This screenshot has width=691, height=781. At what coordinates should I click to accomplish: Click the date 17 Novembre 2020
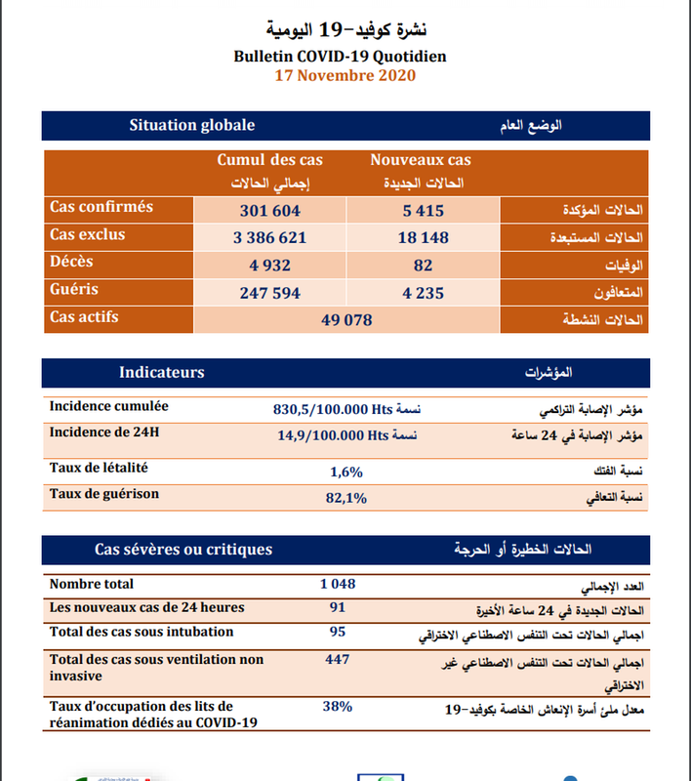pyautogui.click(x=345, y=75)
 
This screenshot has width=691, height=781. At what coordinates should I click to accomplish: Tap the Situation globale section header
pyautogui.click(x=192, y=125)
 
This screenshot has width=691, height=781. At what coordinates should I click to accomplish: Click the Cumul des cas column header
pyautogui.click(x=269, y=160)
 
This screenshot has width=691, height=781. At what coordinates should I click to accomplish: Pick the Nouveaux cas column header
pyautogui.click(x=420, y=160)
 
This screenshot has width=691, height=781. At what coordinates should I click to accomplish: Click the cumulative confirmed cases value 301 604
pyautogui.click(x=269, y=210)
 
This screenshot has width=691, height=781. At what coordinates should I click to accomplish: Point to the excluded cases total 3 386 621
pyautogui.click(x=269, y=237)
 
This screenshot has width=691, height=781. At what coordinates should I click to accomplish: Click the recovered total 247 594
pyautogui.click(x=269, y=292)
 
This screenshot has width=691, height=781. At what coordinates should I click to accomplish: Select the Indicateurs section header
pyautogui.click(x=162, y=372)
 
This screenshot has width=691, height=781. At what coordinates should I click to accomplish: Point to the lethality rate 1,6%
pyautogui.click(x=346, y=472)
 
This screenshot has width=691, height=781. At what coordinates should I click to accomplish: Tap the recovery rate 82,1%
pyautogui.click(x=346, y=498)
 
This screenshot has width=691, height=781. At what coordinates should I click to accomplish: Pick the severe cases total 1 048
pyautogui.click(x=338, y=584)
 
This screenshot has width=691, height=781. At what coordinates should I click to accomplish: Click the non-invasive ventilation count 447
pyautogui.click(x=338, y=660)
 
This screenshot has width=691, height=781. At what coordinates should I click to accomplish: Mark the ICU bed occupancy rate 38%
pyautogui.click(x=338, y=706)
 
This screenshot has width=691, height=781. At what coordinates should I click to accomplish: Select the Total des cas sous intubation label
pyautogui.click(x=142, y=632)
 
